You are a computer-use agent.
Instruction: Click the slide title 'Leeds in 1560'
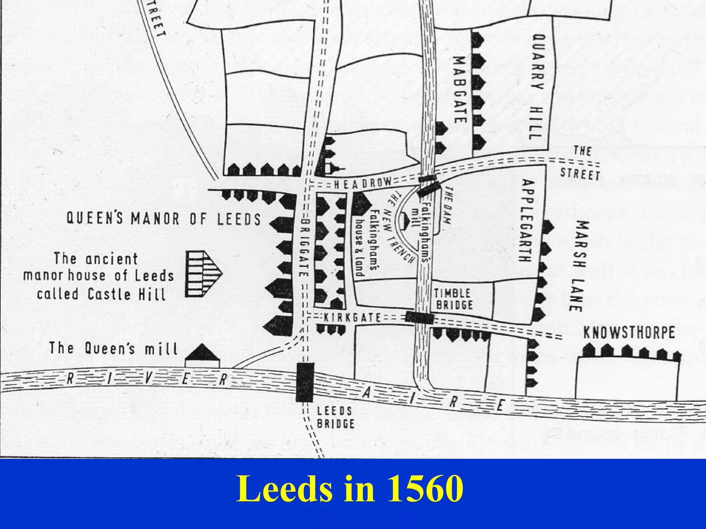(x=350, y=489)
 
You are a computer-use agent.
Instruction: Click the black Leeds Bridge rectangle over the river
(x=305, y=382)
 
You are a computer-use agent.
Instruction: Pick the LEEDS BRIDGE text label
(x=335, y=417)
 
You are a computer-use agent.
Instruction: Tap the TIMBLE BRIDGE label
(x=453, y=299)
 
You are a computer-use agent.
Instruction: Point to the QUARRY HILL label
(x=537, y=86)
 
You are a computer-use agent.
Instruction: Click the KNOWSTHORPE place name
(x=629, y=333)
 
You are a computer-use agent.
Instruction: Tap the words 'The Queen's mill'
(x=113, y=349)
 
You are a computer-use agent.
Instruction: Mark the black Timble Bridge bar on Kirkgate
(x=419, y=317)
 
